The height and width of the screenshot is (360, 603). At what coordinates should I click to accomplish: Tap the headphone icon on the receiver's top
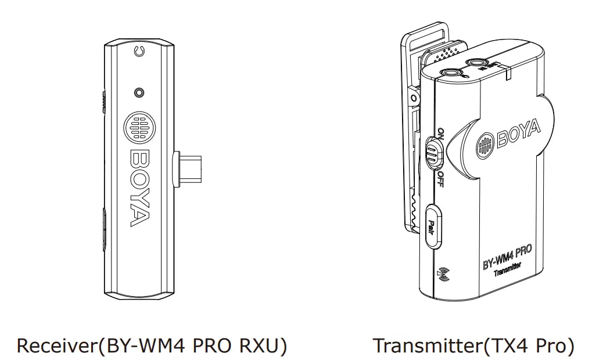[138, 52]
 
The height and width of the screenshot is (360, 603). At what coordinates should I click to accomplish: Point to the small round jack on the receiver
[138, 92]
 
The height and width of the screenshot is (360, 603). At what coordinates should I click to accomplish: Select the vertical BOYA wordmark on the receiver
[139, 188]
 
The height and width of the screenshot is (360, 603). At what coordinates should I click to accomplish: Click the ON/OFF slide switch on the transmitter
[433, 152]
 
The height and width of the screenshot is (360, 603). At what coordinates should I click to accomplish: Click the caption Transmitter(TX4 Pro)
[473, 345]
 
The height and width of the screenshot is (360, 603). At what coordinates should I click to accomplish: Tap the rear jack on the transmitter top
[478, 62]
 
